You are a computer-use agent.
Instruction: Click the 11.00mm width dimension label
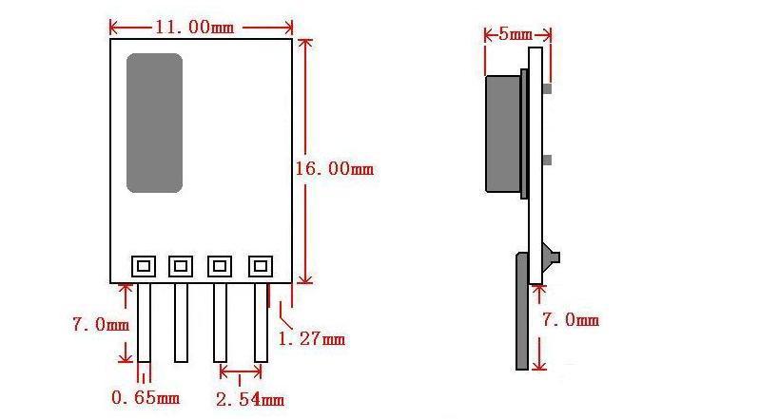pos(195,27)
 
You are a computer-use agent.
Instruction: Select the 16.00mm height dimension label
pos(335,169)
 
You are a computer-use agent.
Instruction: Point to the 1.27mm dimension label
pos(311,339)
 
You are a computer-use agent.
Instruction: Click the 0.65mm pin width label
pos(146,398)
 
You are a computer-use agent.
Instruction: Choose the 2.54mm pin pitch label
pos(250,400)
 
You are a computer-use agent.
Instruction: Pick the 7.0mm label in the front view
pos(101,324)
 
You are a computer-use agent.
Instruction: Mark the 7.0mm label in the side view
pos(571,319)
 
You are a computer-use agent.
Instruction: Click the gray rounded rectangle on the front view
pos(154,124)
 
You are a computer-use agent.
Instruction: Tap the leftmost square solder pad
pos(144,266)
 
